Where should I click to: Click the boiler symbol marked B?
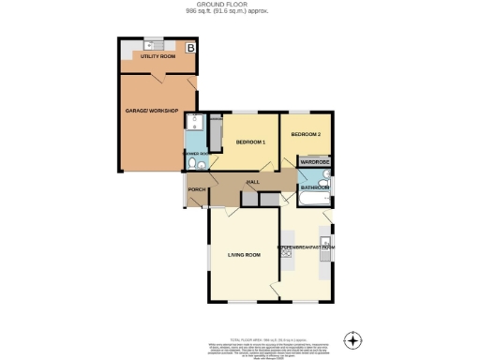pyautogui.click(x=190, y=47)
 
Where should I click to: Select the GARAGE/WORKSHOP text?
pyautogui.click(x=151, y=111)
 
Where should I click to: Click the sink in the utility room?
pyautogui.click(x=153, y=44)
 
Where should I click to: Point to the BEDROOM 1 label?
pyautogui.click(x=250, y=142)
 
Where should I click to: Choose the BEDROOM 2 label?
pyautogui.click(x=306, y=135)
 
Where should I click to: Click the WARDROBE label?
pyautogui.click(x=313, y=161)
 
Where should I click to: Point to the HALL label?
pyautogui.click(x=252, y=182)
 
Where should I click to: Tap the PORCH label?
pyautogui.click(x=197, y=190)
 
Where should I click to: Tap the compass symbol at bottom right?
pyautogui.click(x=352, y=339)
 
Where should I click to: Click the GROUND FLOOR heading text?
pyautogui.click(x=240, y=4)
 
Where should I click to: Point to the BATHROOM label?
pyautogui.click(x=314, y=187)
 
